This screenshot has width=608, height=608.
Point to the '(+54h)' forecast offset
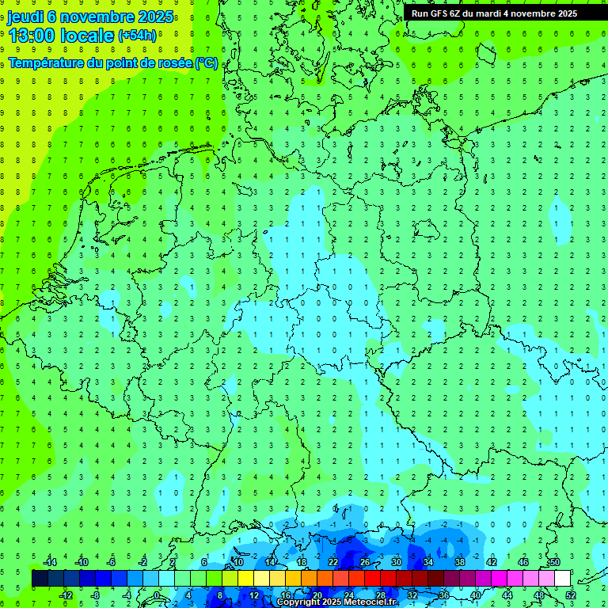pos(137,36)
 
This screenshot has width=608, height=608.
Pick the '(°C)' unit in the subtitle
pos(207,63)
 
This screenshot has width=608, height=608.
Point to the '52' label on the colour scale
pos(570,595)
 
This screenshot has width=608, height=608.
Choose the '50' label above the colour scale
pos(554,562)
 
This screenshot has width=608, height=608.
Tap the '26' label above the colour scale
pos(364,562)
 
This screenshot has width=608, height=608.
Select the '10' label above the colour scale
pos(237,562)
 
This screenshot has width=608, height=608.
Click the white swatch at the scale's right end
pos(562,579)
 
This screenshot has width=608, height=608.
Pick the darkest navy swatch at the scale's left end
pos(40,579)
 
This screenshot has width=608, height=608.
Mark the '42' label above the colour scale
pos(491,562)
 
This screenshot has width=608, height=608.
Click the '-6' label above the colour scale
pos(112,562)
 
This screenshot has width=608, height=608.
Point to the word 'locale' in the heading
pos(87,36)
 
